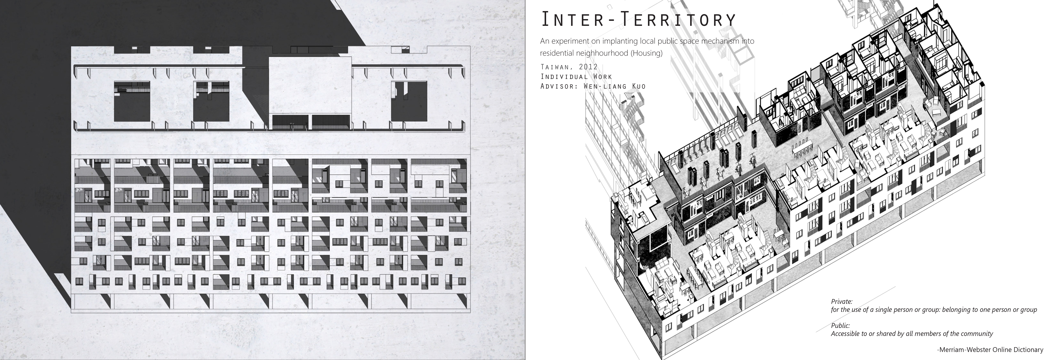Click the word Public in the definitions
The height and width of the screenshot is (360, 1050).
click(x=840, y=326)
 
